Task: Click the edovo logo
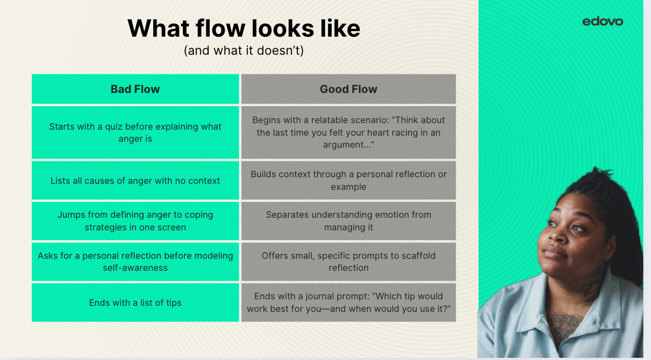602,21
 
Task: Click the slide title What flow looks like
244,28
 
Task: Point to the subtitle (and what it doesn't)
244,50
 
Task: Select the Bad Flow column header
135,89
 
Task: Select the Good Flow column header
348,89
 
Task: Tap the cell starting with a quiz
135,132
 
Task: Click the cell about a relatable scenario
348,132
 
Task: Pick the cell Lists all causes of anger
135,181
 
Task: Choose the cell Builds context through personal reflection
348,181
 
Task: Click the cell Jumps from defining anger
135,221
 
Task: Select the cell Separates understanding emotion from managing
348,221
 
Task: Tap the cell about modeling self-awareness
135,262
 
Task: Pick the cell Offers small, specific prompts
348,262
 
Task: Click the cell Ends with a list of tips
135,303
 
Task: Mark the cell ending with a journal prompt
348,303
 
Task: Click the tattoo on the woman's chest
564,325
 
